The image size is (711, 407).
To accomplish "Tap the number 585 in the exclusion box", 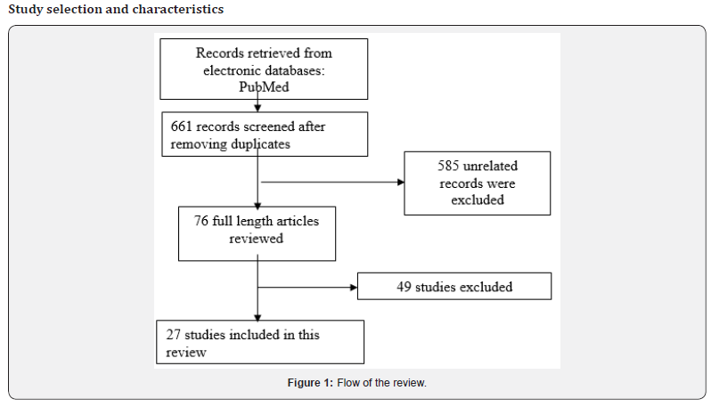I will pyautogui.click(x=452, y=167).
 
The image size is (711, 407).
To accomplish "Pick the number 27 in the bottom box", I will pyautogui.click(x=175, y=335).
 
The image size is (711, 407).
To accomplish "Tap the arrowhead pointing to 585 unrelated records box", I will pyautogui.click(x=399, y=183).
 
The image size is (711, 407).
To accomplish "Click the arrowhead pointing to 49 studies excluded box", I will pyautogui.click(x=353, y=288).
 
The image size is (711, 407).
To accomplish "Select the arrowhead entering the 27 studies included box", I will pyautogui.click(x=257, y=316).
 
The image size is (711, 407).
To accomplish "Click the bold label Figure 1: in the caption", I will pyautogui.click(x=310, y=383).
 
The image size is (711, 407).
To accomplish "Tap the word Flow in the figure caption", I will pyautogui.click(x=348, y=383).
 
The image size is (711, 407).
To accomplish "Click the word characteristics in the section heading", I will pyautogui.click(x=176, y=10).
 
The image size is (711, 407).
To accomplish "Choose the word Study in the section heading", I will pyautogui.click(x=25, y=10).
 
